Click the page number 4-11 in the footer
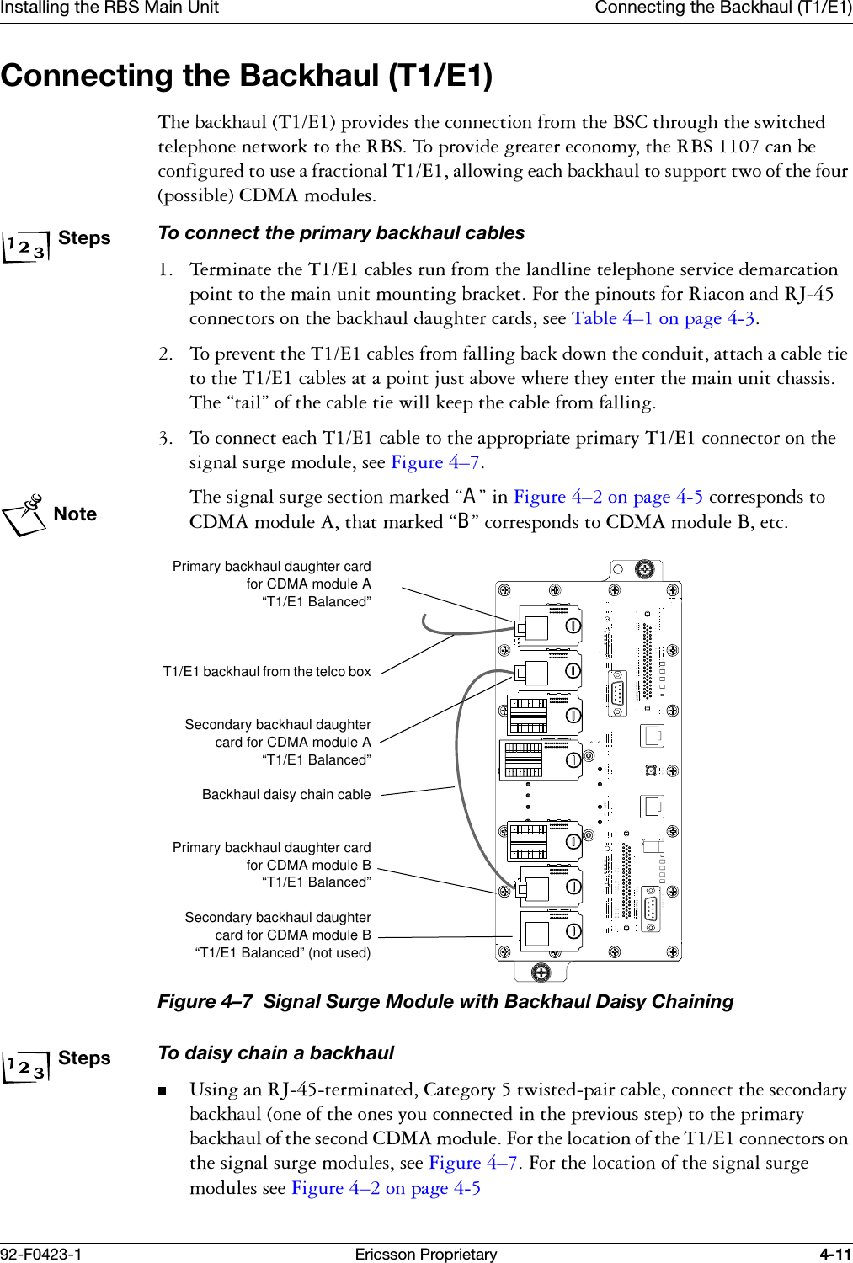[x=835, y=1254]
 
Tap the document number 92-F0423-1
[x=41, y=1254]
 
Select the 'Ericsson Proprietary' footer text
[x=425, y=1254]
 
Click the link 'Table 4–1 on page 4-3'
[x=663, y=318]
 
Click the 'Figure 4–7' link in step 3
[x=435, y=462]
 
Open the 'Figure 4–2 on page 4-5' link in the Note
[x=608, y=497]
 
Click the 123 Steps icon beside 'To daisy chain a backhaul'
[x=24, y=1068]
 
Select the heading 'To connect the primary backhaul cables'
[x=341, y=233]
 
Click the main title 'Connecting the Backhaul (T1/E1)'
[x=247, y=76]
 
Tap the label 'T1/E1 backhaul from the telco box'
[x=266, y=672]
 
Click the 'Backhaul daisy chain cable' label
[x=286, y=795]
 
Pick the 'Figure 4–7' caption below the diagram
[x=445, y=1002]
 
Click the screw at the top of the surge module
[x=643, y=569]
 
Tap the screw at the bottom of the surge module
[x=541, y=973]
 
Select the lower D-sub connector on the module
[x=649, y=909]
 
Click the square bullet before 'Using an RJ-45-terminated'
[x=163, y=1091]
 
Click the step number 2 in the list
[x=166, y=354]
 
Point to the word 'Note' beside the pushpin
[x=75, y=514]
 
